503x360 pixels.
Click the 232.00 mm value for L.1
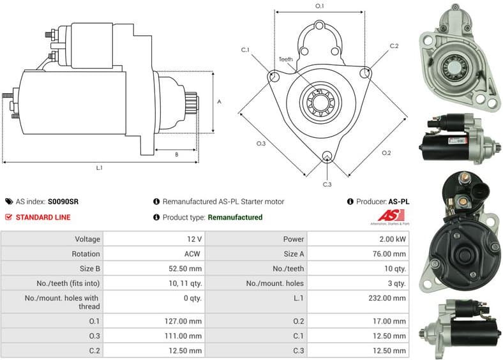tap(387, 297)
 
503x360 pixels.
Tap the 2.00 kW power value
tap(391, 239)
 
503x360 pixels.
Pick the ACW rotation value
tap(193, 253)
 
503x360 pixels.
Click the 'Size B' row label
tap(88, 268)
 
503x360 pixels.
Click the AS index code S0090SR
tap(63, 202)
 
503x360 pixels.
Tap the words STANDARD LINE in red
tap(43, 217)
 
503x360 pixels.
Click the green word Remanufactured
tap(235, 217)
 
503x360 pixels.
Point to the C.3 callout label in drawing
tap(327, 184)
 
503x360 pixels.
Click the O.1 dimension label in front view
tap(320, 6)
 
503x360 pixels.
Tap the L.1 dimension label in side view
tap(100, 168)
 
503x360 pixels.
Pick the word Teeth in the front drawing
tap(286, 59)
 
